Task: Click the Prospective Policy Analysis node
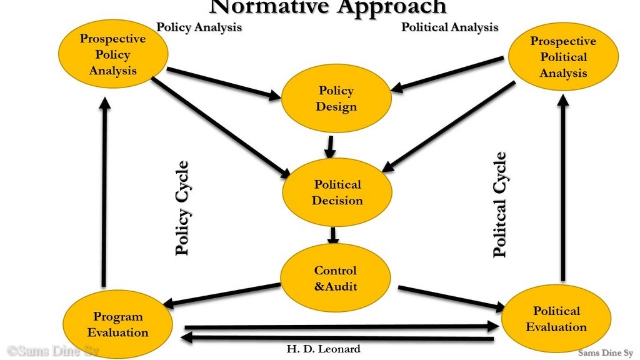pyautogui.click(x=113, y=54)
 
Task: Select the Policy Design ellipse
pyautogui.click(x=336, y=99)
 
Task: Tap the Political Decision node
pyautogui.click(x=337, y=192)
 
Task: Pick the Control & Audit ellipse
pyautogui.click(x=335, y=278)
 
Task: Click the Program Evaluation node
pyautogui.click(x=118, y=324)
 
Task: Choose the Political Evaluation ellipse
pyautogui.click(x=556, y=319)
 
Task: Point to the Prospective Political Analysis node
pyautogui.click(x=563, y=57)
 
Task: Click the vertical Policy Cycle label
pyautogui.click(x=182, y=208)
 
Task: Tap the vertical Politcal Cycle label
pyautogui.click(x=500, y=205)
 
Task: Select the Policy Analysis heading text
pyautogui.click(x=199, y=27)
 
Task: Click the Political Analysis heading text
pyautogui.click(x=449, y=27)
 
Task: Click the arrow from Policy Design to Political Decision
pyautogui.click(x=330, y=146)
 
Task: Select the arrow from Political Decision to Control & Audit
pyautogui.click(x=333, y=234)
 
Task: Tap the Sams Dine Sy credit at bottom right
pyautogui.click(x=605, y=352)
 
